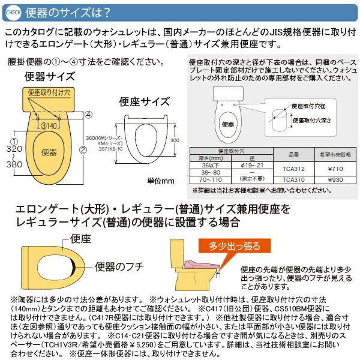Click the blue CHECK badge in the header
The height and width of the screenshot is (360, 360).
pyautogui.click(x=15, y=11)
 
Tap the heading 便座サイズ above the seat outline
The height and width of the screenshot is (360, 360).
pyautogui.click(x=142, y=101)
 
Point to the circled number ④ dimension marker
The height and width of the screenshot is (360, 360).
pyautogui.click(x=88, y=114)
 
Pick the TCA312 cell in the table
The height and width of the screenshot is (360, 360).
pyautogui.click(x=286, y=169)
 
